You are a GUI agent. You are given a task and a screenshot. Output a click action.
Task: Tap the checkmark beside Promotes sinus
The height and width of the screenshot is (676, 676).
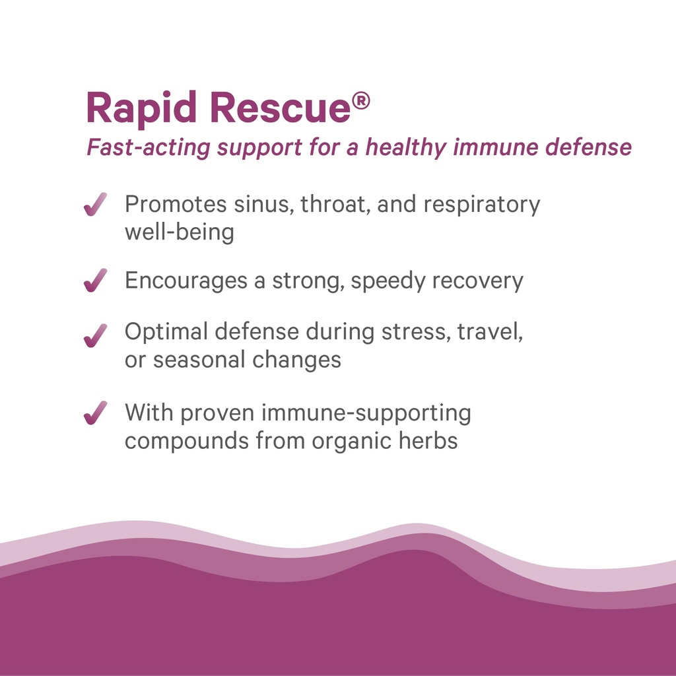[96, 205]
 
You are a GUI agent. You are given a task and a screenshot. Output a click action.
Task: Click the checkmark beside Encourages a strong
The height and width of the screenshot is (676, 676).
[96, 281]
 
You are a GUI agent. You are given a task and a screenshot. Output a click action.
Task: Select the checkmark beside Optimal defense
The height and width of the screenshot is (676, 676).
[96, 335]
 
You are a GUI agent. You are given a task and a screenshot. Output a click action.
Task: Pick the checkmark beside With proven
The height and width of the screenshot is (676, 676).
[96, 414]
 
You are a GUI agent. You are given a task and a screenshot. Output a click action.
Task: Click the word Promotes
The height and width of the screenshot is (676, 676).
[175, 205]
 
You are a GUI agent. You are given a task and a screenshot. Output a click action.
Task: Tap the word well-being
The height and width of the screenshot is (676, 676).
[179, 232]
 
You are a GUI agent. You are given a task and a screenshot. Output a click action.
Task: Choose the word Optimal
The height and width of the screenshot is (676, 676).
[166, 332]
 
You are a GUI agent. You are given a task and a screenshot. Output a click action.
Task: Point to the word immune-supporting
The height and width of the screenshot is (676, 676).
[366, 414]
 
